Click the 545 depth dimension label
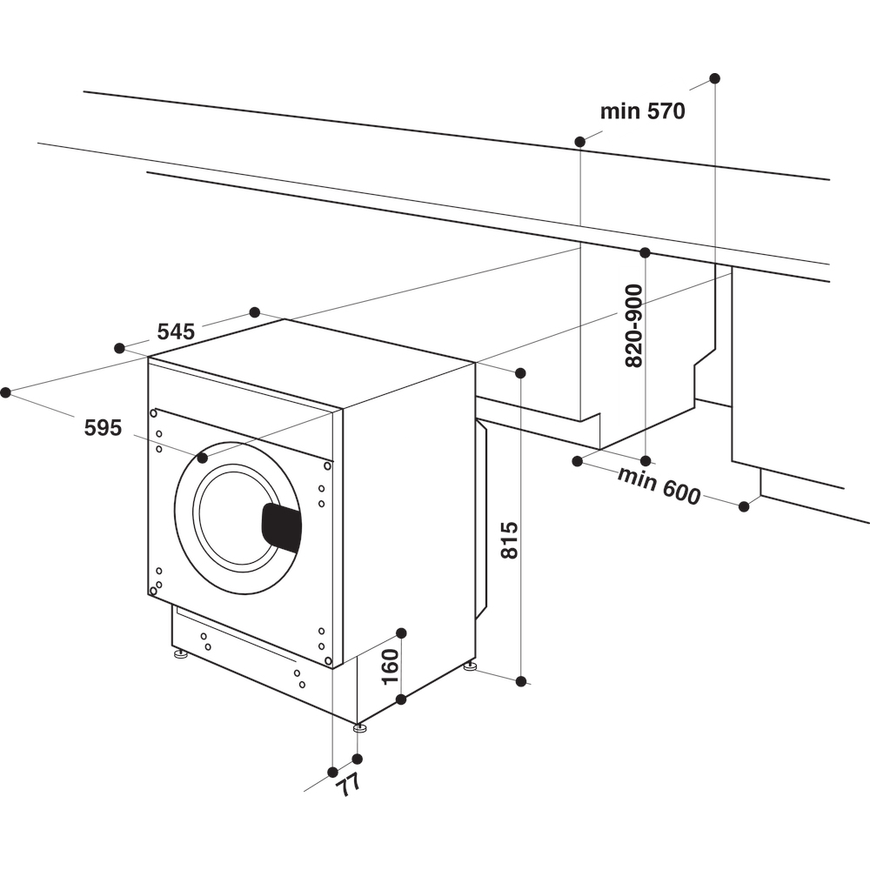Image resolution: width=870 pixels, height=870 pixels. [175, 331]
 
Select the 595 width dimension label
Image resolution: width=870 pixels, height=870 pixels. [103, 427]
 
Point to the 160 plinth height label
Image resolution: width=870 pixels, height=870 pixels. [391, 666]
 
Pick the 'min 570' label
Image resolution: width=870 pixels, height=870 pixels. [643, 111]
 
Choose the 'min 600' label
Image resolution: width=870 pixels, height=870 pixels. [659, 485]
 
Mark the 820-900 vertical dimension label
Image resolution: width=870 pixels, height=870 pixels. [634, 325]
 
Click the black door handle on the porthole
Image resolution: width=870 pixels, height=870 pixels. [282, 527]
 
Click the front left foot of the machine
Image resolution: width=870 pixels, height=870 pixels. [181, 653]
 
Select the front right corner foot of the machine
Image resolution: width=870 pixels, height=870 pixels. [359, 727]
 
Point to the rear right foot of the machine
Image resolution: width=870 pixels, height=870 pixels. [471, 666]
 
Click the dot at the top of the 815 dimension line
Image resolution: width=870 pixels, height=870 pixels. [520, 373]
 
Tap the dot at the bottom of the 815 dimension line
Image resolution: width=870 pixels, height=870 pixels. [521, 681]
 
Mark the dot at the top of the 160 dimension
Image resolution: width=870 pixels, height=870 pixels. [401, 632]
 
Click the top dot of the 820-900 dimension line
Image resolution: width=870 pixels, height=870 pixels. [645, 252]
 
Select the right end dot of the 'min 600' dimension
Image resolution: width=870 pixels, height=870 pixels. [744, 506]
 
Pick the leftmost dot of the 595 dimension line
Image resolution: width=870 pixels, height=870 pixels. [5, 392]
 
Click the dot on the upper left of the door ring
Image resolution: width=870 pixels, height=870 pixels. [203, 457]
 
